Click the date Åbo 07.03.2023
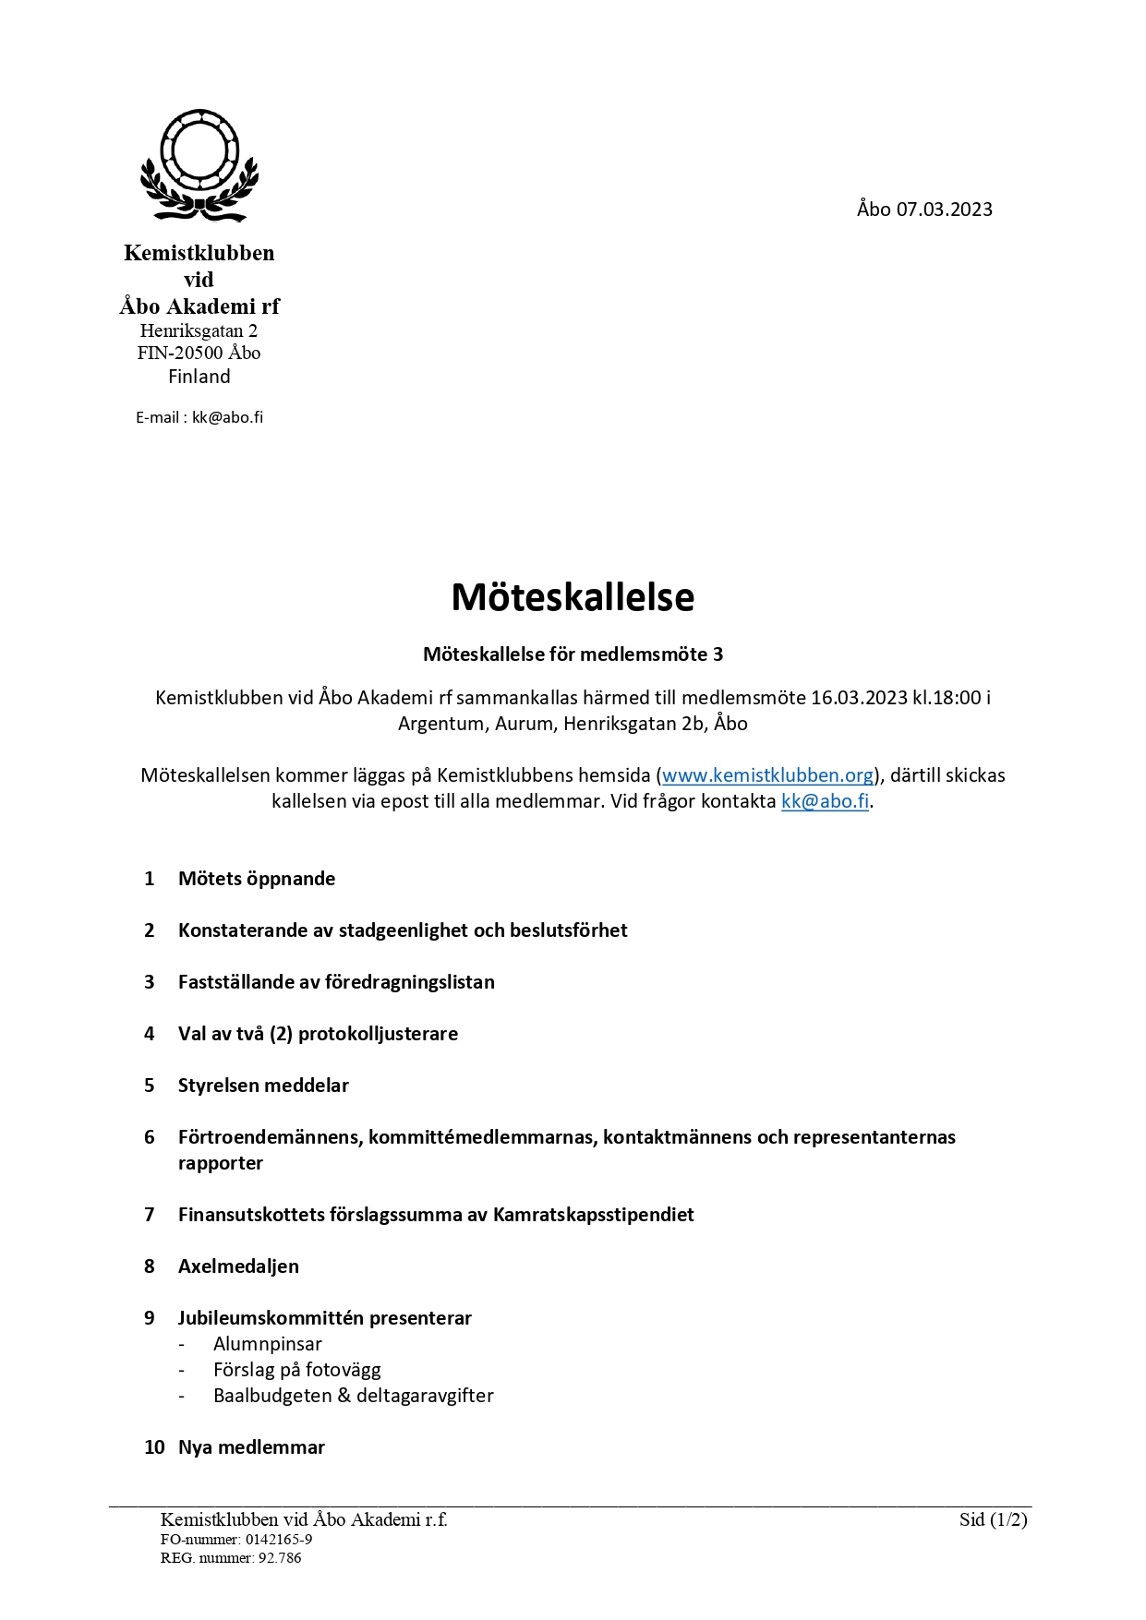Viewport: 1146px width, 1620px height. (923, 210)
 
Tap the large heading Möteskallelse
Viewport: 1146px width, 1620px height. (573, 597)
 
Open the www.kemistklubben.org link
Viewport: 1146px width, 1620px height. (767, 775)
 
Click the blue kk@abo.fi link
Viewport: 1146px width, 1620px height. (825, 801)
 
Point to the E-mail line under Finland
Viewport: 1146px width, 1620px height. (199, 417)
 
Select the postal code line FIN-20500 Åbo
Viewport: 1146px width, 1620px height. (199, 353)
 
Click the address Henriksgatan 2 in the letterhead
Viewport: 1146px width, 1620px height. (199, 330)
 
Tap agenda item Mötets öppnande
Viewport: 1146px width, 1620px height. (257, 879)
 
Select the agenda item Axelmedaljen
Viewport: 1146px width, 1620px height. (238, 1266)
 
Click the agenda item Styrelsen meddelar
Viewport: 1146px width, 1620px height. (263, 1086)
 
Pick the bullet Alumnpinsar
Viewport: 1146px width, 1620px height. (268, 1344)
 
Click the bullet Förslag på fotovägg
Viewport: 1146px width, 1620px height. (296, 1370)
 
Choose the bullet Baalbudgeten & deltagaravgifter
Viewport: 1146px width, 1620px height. (353, 1396)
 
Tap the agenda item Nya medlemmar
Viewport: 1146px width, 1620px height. (251, 1447)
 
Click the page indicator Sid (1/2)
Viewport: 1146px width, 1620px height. (993, 1519)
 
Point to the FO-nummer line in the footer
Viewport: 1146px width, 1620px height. (236, 1540)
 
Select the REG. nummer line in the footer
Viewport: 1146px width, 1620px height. (231, 1558)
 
